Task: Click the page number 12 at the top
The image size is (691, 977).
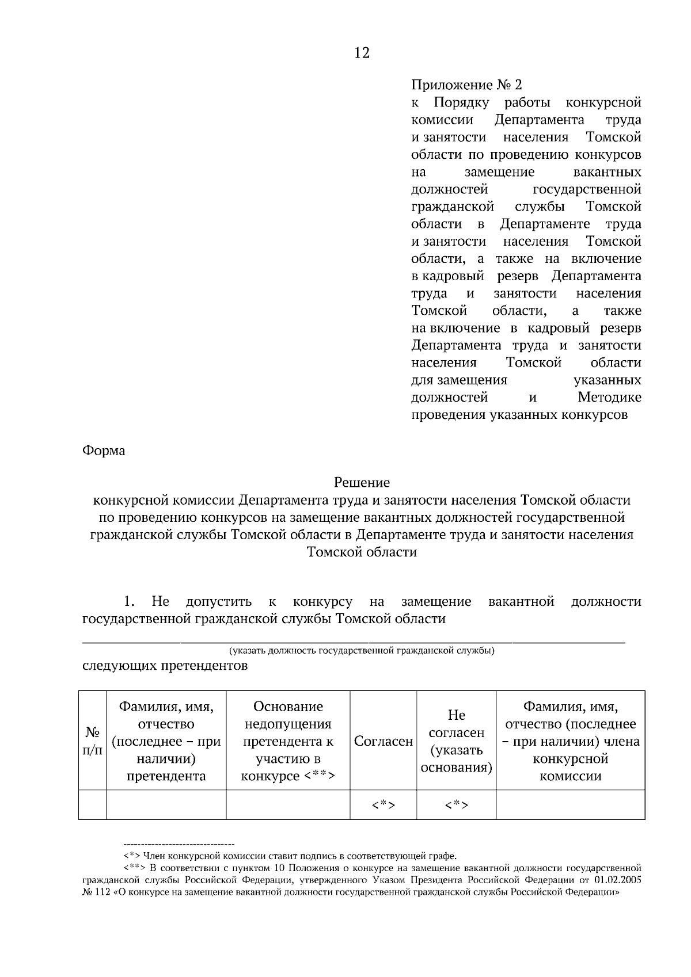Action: click(362, 54)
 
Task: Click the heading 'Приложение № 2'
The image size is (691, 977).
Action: click(466, 85)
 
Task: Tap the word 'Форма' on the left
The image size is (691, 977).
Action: click(104, 451)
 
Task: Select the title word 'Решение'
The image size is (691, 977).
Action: click(362, 482)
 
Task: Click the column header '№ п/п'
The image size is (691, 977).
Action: click(93, 741)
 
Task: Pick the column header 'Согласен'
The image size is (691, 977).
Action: click(384, 741)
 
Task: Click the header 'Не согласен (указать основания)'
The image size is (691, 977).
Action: click(456, 741)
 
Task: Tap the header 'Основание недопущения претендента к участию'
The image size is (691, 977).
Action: click(288, 741)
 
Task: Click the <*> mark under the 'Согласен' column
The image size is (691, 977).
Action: click(384, 805)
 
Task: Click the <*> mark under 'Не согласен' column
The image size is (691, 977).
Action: click(456, 805)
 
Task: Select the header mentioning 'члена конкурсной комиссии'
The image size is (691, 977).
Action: click(570, 741)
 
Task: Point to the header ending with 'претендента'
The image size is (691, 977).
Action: click(166, 741)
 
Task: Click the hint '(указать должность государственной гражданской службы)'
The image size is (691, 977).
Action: click(362, 651)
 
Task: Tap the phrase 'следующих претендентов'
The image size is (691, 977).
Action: click(165, 666)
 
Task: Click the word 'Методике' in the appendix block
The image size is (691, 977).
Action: click(609, 398)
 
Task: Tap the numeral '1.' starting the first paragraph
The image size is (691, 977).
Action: click(128, 602)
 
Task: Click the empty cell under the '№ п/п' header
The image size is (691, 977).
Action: click(93, 805)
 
